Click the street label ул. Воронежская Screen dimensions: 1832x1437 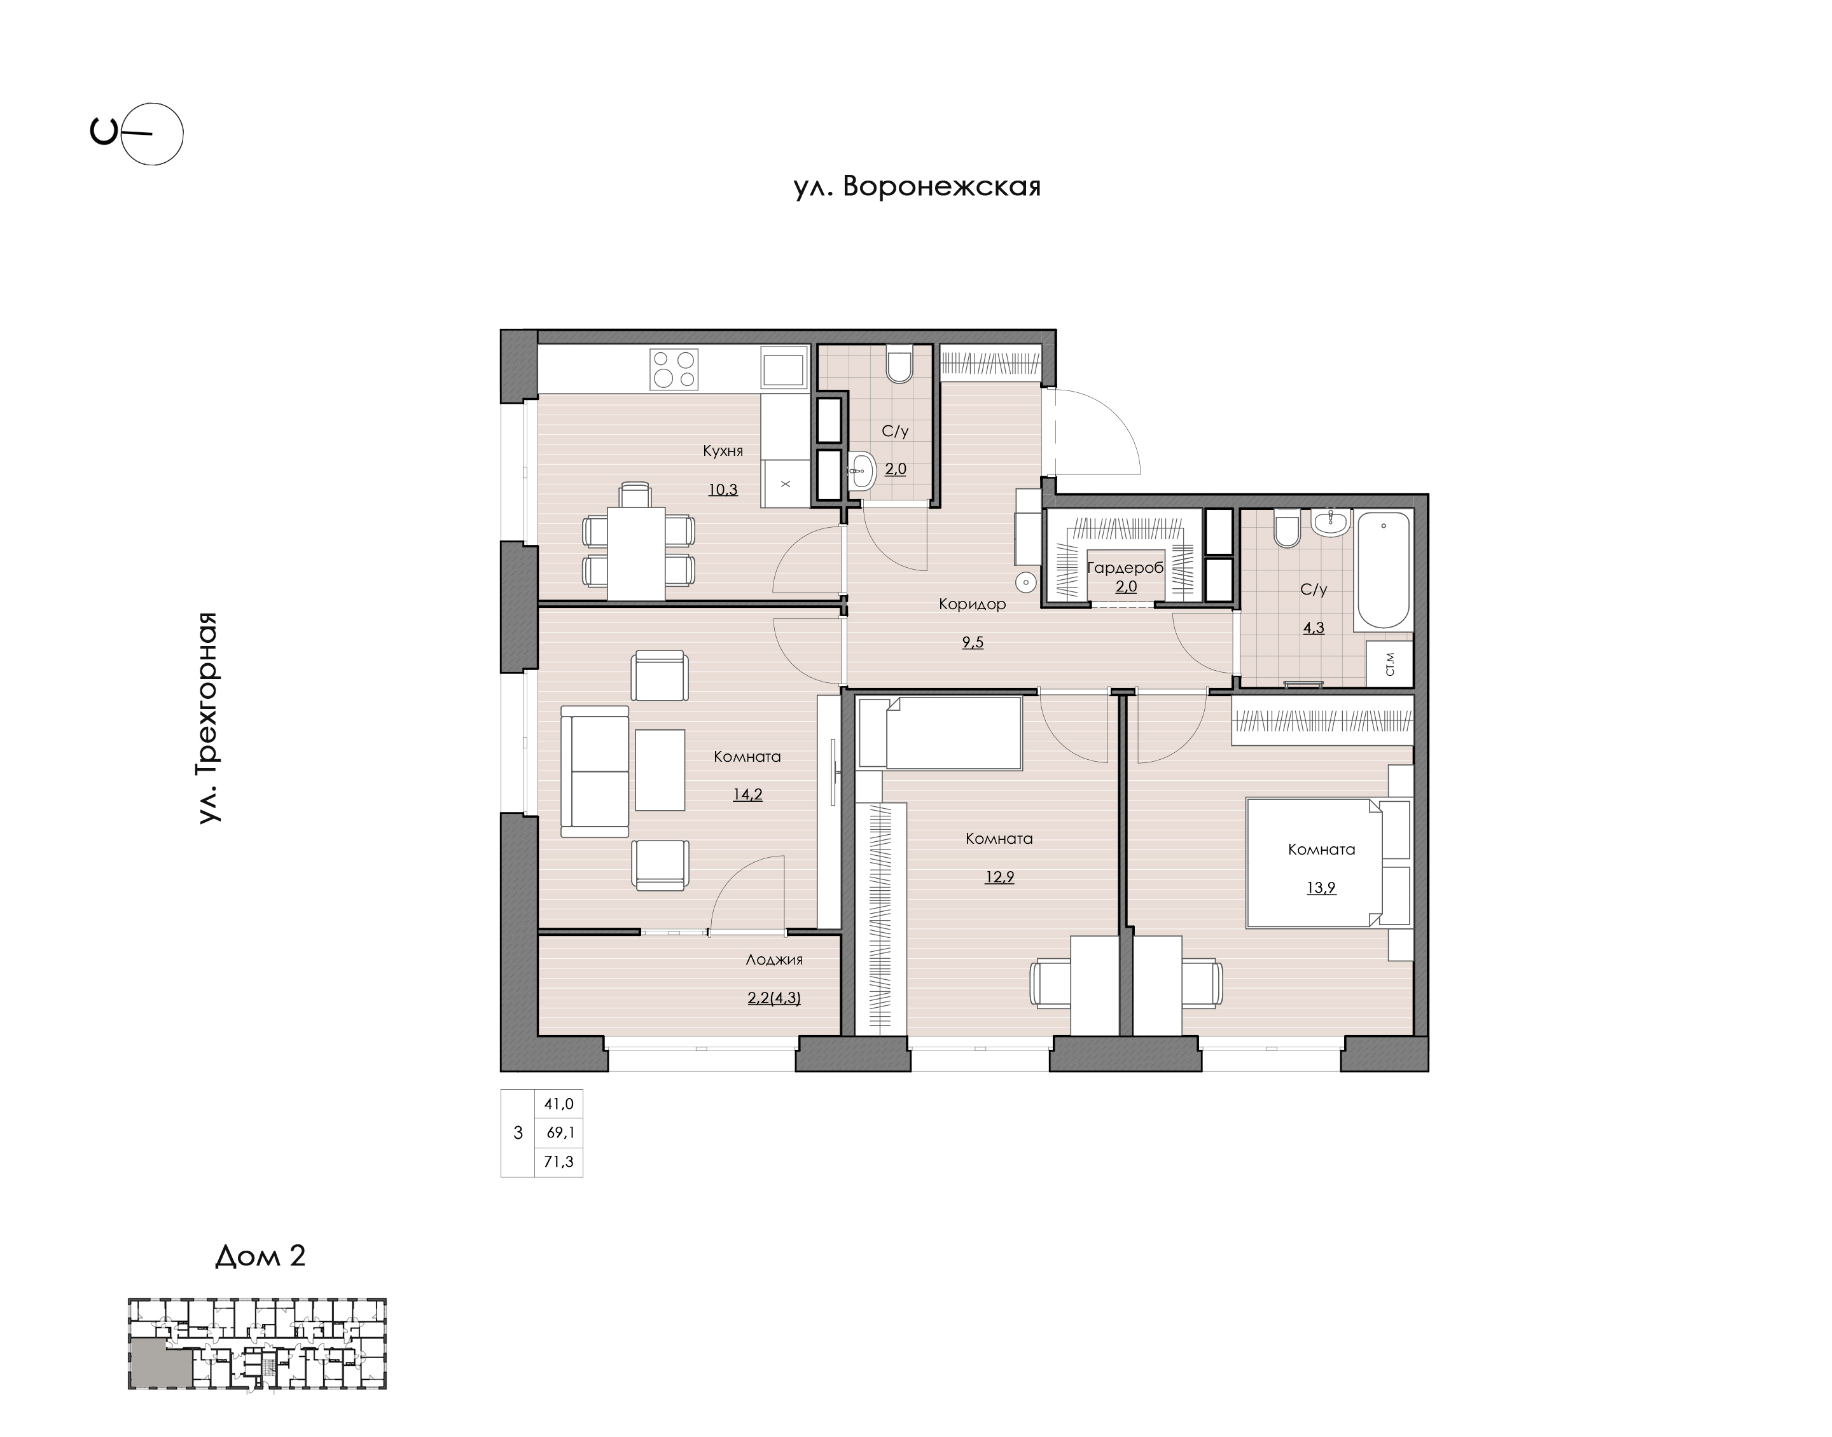click(x=917, y=187)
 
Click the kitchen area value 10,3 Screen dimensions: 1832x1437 click(x=723, y=489)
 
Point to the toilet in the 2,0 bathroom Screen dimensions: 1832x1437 click(x=898, y=364)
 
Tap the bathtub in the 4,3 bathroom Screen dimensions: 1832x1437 click(x=1384, y=570)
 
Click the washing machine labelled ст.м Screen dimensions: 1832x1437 click(x=1389, y=664)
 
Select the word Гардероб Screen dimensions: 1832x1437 click(x=1126, y=568)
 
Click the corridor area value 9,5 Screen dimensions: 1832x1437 click(x=973, y=643)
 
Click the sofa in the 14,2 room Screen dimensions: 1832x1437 click(x=595, y=771)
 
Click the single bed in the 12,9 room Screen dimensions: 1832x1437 click(x=941, y=732)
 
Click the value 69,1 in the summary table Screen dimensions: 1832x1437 click(x=560, y=1132)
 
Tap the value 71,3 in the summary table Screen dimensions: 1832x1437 click(x=559, y=1162)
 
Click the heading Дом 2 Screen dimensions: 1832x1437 click(x=260, y=1256)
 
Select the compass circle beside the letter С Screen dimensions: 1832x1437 click(x=152, y=134)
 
